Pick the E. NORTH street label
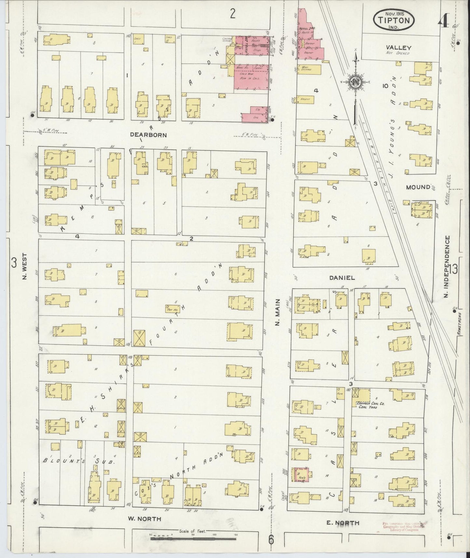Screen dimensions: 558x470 tap(343, 523)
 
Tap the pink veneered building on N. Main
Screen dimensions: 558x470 tap(301, 474)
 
